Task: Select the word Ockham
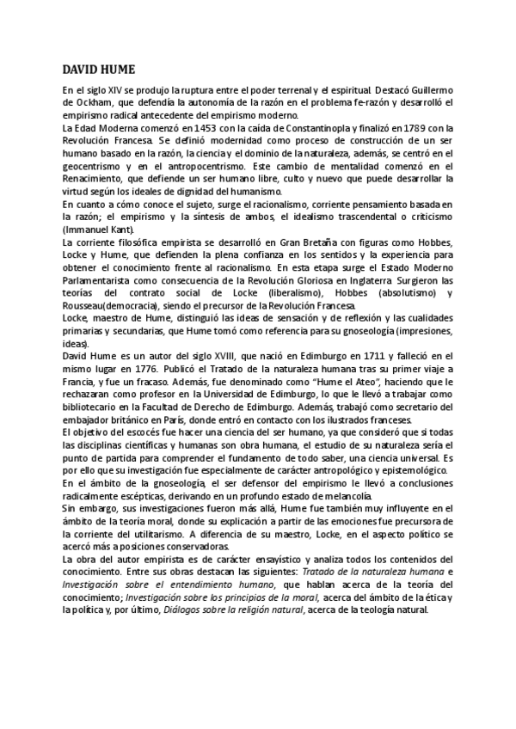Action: [92, 103]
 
